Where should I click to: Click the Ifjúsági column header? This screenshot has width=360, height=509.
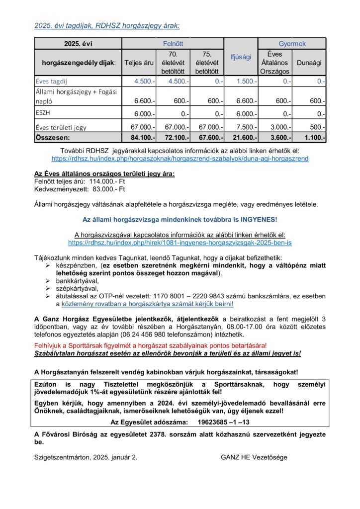tap(241, 58)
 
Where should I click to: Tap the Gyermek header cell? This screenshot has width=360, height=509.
tap(292, 44)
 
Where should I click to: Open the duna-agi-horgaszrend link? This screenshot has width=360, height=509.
tap(180, 158)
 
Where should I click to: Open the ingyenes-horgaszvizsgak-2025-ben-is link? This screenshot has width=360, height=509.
tap(180, 243)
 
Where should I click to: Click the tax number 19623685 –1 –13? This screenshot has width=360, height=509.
tap(223, 422)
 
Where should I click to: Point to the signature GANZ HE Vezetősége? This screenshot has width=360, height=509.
tap(254, 457)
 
